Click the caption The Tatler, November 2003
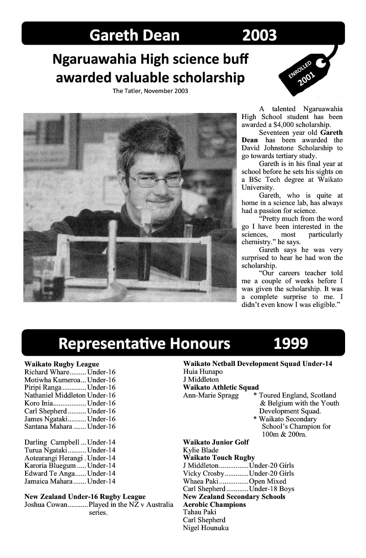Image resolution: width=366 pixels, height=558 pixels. [x=150, y=91]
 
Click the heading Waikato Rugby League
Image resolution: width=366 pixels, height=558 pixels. [x=61, y=364]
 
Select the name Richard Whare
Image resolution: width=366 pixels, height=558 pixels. [x=47, y=372]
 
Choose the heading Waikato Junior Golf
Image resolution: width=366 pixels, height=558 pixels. [x=216, y=442]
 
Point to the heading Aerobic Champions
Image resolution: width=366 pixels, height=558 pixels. [x=214, y=505]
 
